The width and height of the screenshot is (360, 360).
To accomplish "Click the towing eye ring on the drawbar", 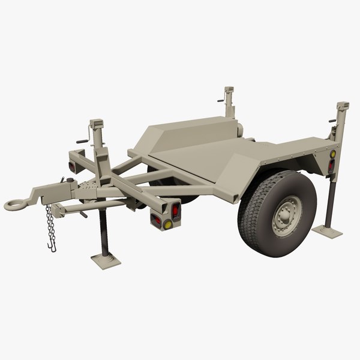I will (x=16, y=205).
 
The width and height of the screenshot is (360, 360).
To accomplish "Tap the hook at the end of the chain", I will (x=52, y=247).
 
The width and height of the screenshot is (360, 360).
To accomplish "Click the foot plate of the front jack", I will (x=106, y=260).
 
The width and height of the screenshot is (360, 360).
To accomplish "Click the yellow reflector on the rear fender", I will (x=332, y=154).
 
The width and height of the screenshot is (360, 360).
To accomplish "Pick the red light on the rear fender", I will (x=331, y=164).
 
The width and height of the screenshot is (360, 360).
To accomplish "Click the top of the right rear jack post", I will (x=343, y=106).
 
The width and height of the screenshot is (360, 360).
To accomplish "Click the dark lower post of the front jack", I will (x=103, y=231).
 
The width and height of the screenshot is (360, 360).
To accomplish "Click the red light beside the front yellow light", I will (x=175, y=211).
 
